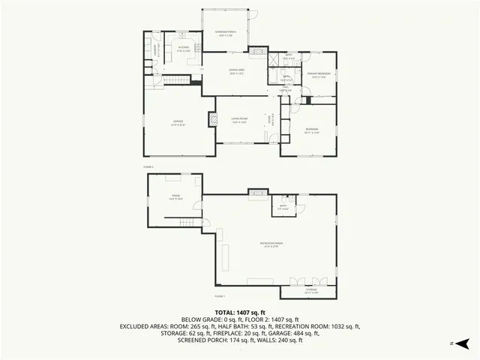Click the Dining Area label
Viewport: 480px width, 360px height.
237,71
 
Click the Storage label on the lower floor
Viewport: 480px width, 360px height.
311,290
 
